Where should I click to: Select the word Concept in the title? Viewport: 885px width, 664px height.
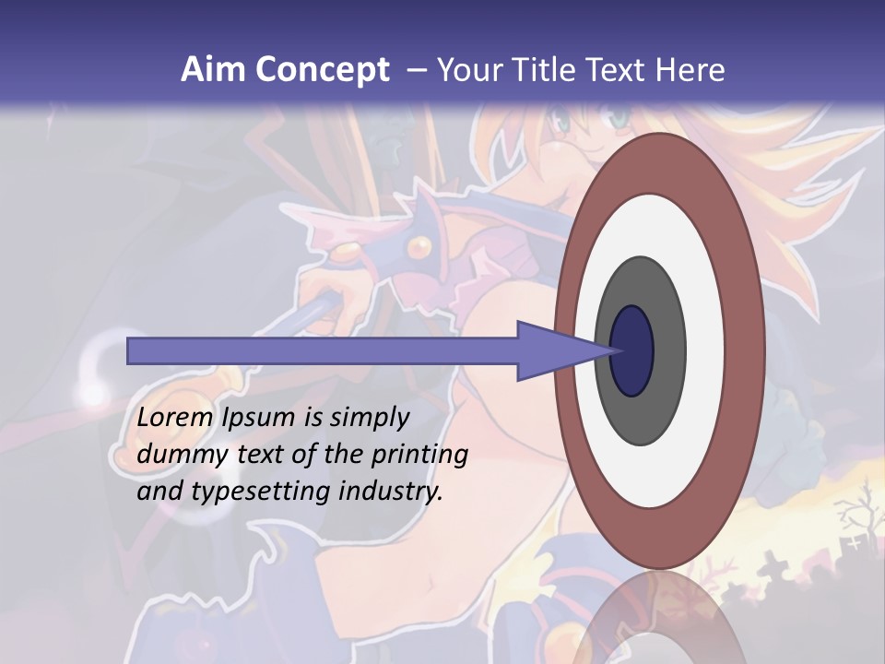pos(323,70)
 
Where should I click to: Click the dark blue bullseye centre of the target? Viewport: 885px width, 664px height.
pos(632,351)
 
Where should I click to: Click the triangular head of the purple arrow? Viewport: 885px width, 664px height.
pos(553,351)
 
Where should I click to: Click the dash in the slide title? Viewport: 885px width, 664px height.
pos(416,70)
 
